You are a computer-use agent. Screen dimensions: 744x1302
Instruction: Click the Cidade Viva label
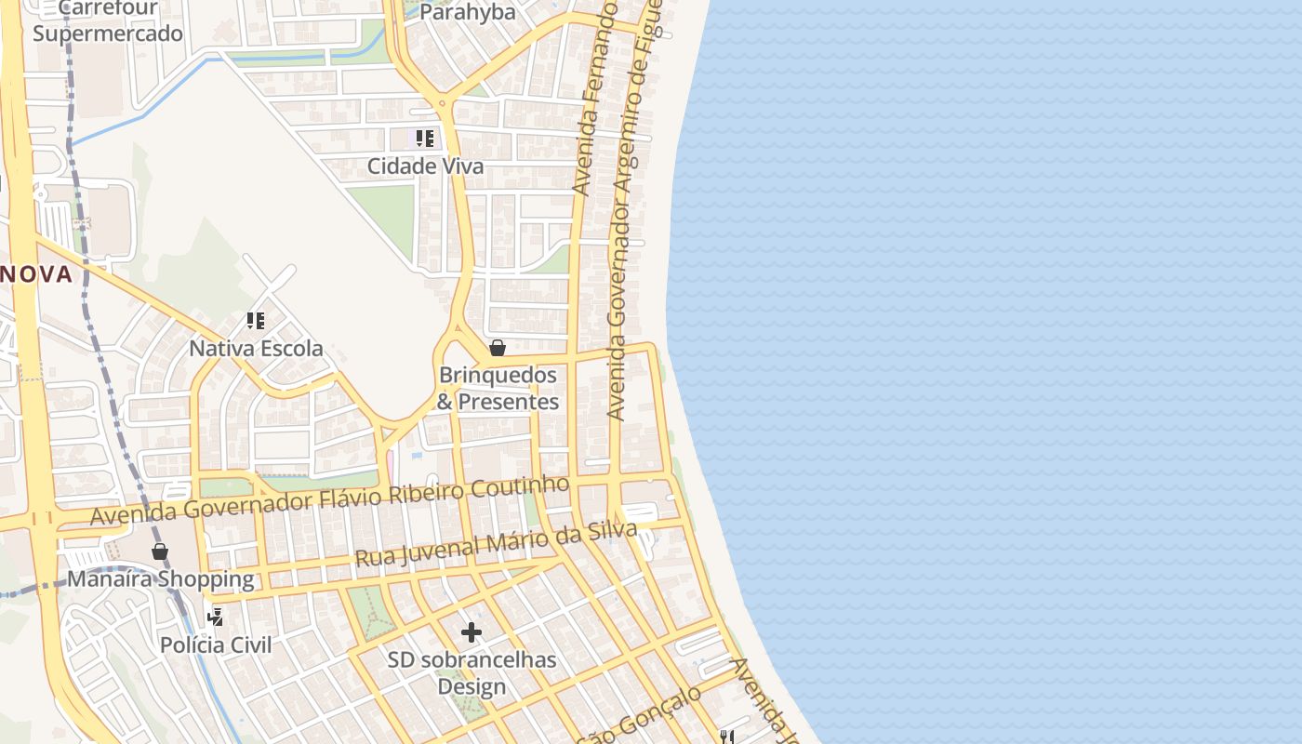[425, 166]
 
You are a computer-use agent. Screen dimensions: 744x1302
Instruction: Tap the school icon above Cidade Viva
[425, 139]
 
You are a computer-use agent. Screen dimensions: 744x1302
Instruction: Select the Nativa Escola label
[256, 349]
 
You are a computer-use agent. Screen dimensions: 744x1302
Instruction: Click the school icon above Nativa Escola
[256, 321]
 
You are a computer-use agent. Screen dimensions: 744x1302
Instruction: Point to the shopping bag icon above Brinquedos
[498, 348]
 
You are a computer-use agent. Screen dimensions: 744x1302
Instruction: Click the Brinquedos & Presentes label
[498, 389]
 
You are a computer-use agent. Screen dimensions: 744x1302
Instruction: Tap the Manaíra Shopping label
[160, 579]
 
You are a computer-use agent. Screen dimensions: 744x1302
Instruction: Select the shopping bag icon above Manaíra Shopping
[160, 551]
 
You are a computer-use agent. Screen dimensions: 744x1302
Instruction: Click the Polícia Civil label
[216, 644]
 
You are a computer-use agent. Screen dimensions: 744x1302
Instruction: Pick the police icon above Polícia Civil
[216, 617]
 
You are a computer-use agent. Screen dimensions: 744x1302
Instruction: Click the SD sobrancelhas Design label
[472, 673]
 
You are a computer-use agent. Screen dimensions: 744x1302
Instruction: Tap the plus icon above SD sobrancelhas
[472, 633]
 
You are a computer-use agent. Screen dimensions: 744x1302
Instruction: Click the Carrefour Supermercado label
[108, 22]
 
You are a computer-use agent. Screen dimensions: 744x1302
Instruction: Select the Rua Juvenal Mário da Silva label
[496, 544]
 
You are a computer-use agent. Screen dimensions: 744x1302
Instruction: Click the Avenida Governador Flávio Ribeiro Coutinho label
[329, 500]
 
